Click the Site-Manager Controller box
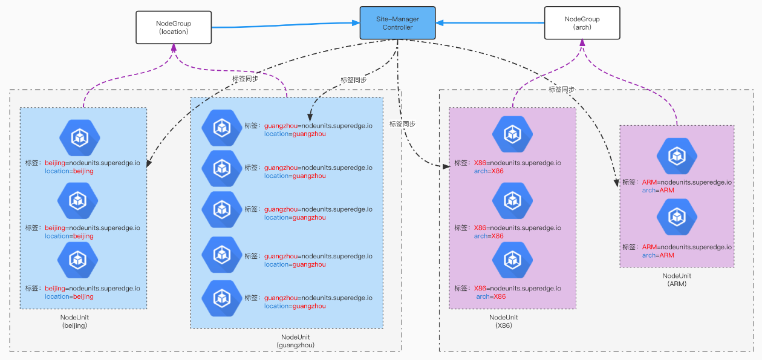[x=397, y=23]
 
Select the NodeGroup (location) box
[x=174, y=27]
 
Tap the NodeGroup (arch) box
[x=582, y=23]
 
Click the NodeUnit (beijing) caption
[x=74, y=321]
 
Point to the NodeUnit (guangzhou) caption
[x=295, y=341]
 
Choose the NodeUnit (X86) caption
[x=503, y=321]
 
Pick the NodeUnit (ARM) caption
[x=677, y=280]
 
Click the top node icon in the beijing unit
[x=80, y=138]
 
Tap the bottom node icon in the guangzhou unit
[x=222, y=298]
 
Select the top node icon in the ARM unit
[x=677, y=156]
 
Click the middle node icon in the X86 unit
[x=512, y=201]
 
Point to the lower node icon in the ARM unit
[x=677, y=217]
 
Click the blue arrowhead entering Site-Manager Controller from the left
[x=356, y=23]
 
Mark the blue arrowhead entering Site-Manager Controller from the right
[x=440, y=23]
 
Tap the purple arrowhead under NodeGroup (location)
[x=174, y=48]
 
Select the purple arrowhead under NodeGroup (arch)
[x=582, y=43]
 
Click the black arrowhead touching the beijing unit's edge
[x=149, y=163]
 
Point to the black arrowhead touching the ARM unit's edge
[x=616, y=183]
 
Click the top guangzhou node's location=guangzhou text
[x=295, y=134]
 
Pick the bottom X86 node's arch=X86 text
[x=490, y=296]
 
